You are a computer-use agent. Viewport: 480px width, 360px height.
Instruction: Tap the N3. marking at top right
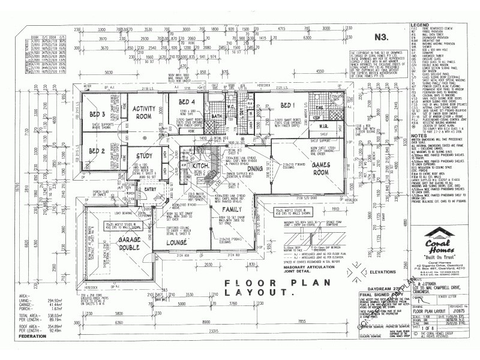click(380, 37)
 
